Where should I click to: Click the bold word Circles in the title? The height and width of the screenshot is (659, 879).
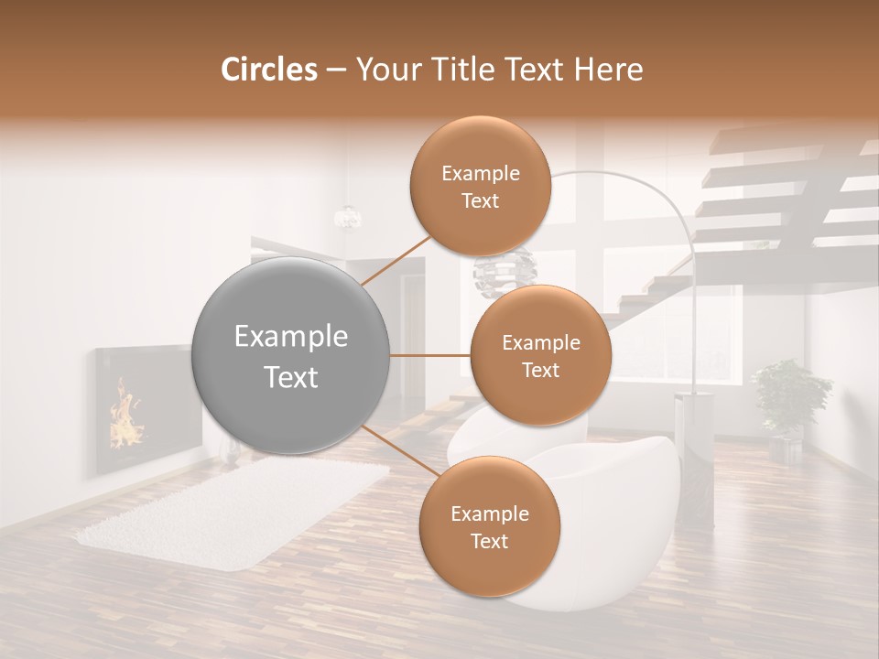coord(268,70)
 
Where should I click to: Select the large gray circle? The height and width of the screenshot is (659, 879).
coord(291,356)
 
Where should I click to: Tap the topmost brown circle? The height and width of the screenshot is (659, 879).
coord(481,187)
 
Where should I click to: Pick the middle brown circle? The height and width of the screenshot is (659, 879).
coord(540,356)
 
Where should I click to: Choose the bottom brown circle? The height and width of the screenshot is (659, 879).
coord(489,527)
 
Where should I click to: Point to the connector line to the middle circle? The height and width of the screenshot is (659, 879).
coord(430,355)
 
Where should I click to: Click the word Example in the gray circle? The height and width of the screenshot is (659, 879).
coord(291,337)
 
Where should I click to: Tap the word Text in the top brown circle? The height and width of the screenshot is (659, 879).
coord(481,200)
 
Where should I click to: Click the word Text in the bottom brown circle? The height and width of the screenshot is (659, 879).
coord(489,541)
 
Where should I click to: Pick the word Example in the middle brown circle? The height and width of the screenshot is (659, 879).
coord(540,342)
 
